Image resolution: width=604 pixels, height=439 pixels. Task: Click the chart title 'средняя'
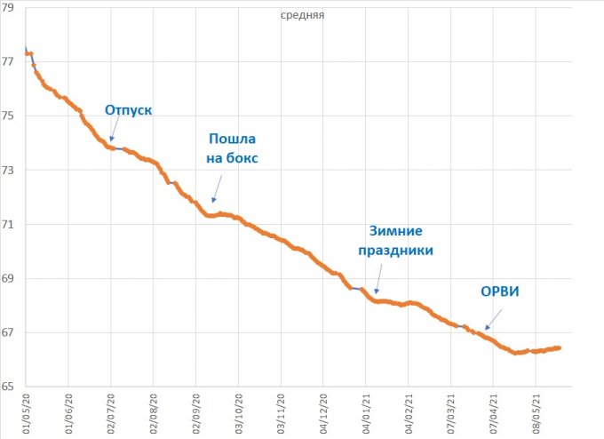point(301,15)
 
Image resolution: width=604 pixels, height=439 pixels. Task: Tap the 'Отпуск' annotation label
point(129,110)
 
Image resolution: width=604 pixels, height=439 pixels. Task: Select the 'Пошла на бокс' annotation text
point(233,148)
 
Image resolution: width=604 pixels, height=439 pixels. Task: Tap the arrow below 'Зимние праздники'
point(379,280)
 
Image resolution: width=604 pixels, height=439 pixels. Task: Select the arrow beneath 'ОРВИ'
point(493,319)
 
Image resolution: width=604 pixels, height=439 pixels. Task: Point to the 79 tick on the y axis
point(6,7)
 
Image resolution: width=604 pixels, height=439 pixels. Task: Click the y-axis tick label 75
point(6,116)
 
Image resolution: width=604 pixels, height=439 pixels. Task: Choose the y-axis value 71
point(6,224)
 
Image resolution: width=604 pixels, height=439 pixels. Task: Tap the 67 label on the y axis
point(6,332)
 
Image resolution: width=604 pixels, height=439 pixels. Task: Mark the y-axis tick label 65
point(6,387)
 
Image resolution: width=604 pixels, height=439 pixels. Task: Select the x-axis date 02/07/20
point(110,412)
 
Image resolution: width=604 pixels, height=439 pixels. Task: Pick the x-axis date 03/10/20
point(239,412)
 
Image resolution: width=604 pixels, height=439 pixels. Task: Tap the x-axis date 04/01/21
point(367,412)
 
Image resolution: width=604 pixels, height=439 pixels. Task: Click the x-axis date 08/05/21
point(537,412)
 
